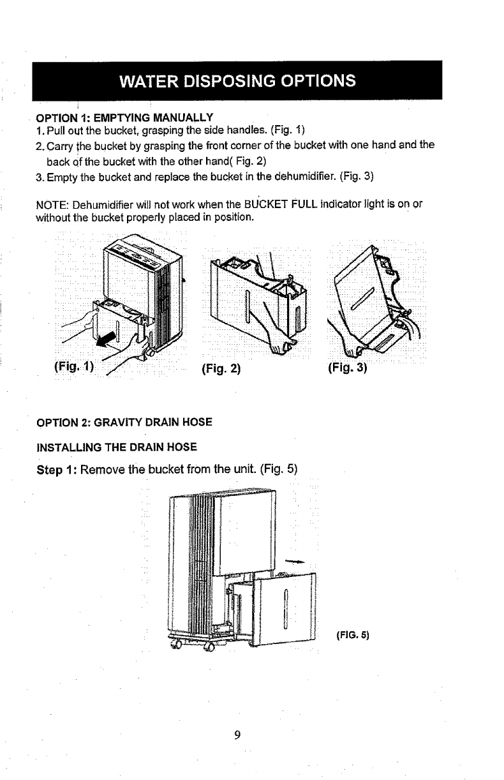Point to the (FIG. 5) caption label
coord(352,635)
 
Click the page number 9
coord(236,735)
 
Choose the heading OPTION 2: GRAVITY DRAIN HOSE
coord(123,422)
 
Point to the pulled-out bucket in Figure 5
coord(284,606)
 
